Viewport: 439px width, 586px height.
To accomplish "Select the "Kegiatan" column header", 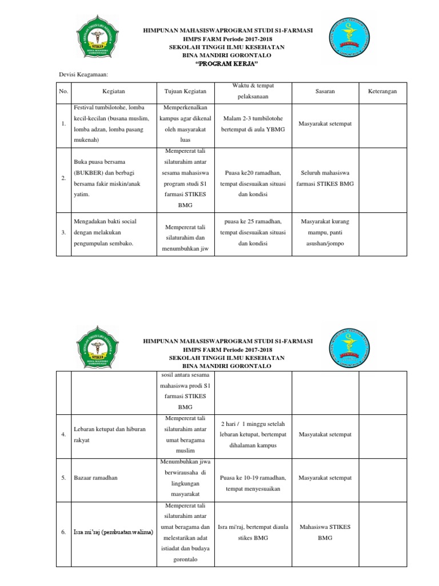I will (x=113, y=92).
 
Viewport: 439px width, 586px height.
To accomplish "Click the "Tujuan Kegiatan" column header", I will (x=185, y=92).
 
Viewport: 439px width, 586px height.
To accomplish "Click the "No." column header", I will (x=63, y=92).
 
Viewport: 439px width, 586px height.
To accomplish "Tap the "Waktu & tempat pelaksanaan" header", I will (x=253, y=91).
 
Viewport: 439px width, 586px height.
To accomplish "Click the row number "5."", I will (x=63, y=478).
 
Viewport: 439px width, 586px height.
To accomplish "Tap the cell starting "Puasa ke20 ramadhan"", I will (x=253, y=183).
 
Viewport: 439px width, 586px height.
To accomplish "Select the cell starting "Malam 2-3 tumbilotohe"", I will (x=253, y=124).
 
